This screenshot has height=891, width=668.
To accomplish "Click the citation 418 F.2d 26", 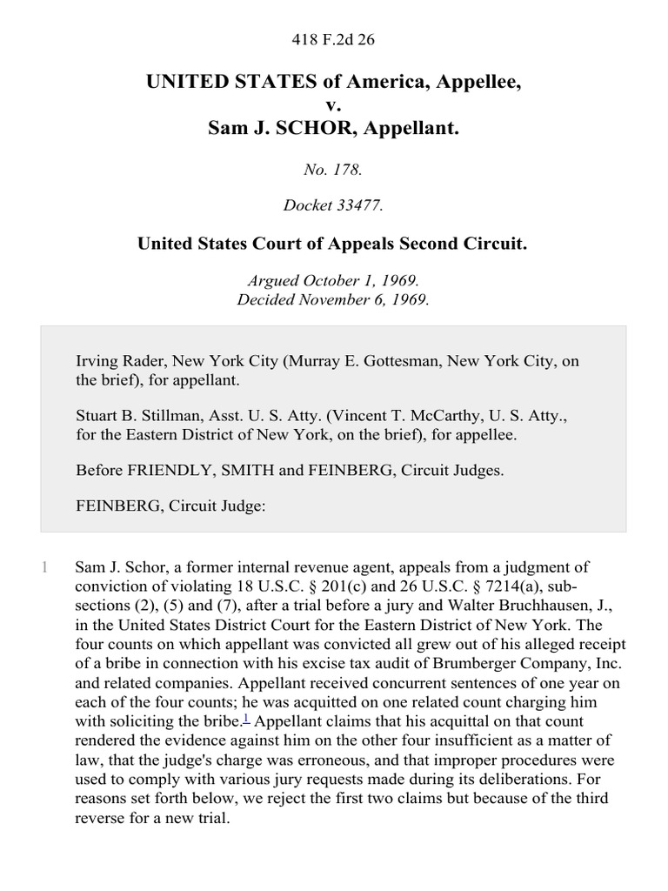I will click(x=334, y=39).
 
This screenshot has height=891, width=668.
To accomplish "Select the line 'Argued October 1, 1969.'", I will click(x=333, y=281).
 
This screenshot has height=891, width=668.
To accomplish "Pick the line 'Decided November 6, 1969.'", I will click(x=333, y=299).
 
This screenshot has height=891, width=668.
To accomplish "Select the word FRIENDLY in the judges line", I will click(x=164, y=471).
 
